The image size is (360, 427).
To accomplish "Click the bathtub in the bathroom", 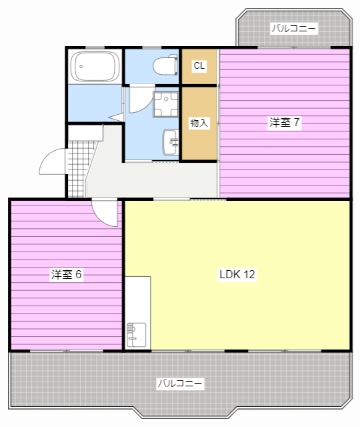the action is coord(95,67).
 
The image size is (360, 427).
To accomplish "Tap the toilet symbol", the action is coord(165,65).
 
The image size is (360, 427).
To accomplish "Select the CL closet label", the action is coord(199,65).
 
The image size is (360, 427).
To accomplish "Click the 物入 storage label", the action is coord(199,123).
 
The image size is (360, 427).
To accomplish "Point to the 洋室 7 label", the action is coord(285,123).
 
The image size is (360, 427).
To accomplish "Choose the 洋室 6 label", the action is coord(67,274).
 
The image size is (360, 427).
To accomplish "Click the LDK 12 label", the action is coord(237,274).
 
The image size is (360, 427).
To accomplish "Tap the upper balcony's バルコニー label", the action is coord(294,28).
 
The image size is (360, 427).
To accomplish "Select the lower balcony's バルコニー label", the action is coord(180,384).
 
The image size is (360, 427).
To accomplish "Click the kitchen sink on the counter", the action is coord(136,335).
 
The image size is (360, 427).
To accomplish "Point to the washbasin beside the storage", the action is coord(171,142).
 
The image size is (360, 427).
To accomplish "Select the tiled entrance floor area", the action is coord(79,169).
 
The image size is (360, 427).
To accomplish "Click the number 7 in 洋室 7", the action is coord(297,123).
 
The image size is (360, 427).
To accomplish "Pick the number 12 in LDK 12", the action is coord(249,274).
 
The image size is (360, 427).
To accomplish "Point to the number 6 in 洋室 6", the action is coord(79,274).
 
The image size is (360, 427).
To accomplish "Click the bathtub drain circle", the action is coord(81,67).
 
